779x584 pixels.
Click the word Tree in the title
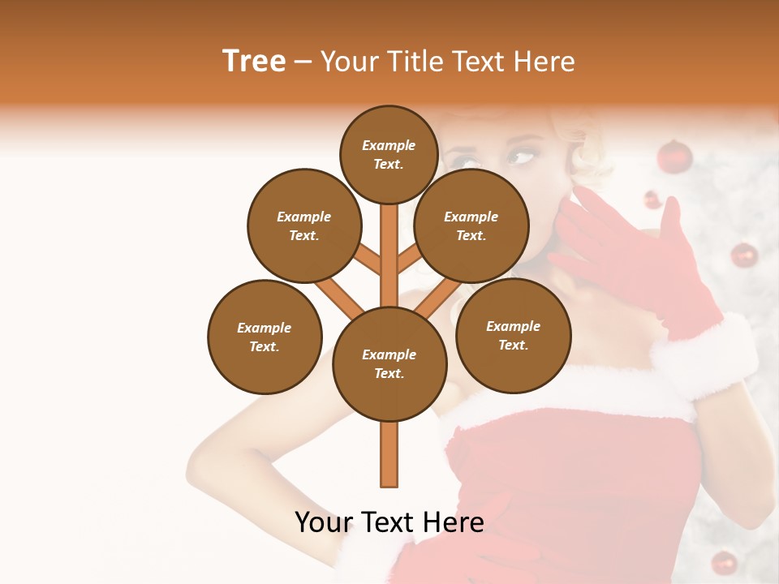(254, 62)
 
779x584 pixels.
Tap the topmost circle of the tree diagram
(389, 154)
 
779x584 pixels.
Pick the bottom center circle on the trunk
(389, 364)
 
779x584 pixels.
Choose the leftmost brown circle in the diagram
(265, 337)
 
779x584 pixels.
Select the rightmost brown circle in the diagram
(513, 336)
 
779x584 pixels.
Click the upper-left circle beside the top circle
(304, 225)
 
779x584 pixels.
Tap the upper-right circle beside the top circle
(471, 225)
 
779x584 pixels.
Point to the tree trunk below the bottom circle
(389, 454)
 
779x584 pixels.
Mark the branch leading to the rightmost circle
(438, 296)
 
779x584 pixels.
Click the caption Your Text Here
(389, 522)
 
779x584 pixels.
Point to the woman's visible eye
(519, 153)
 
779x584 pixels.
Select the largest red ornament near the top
(674, 156)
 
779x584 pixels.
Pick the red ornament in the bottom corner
(724, 562)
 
